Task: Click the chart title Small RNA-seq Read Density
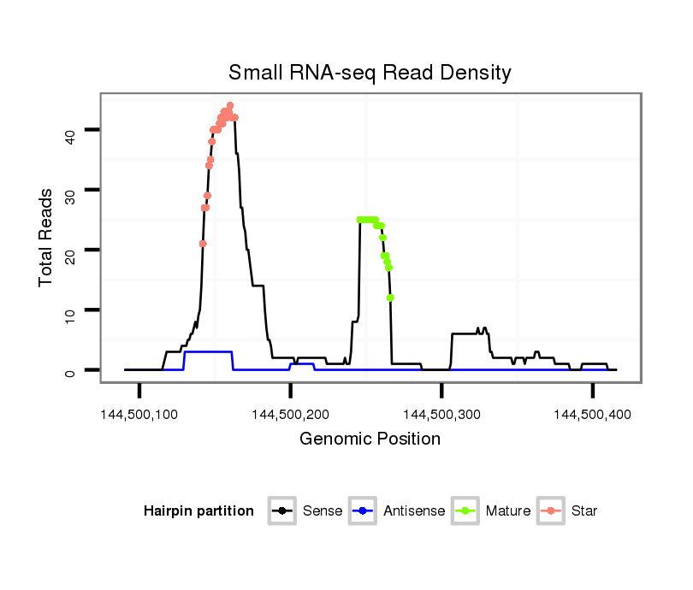point(370,72)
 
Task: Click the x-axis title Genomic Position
point(370,440)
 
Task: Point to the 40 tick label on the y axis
point(70,130)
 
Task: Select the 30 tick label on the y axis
point(70,190)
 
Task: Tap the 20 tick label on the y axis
point(70,250)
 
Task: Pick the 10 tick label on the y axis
point(70,310)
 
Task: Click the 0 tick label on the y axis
point(70,370)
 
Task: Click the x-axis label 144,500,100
point(140,415)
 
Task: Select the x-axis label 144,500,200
point(291,415)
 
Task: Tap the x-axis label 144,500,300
point(441,415)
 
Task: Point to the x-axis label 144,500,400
point(593,415)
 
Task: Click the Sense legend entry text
point(323,511)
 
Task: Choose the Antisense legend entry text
point(414,511)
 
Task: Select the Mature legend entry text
point(508,511)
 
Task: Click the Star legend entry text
point(584,511)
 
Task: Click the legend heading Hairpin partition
point(198,511)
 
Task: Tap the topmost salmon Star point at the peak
point(230,105)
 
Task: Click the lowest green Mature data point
point(390,298)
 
